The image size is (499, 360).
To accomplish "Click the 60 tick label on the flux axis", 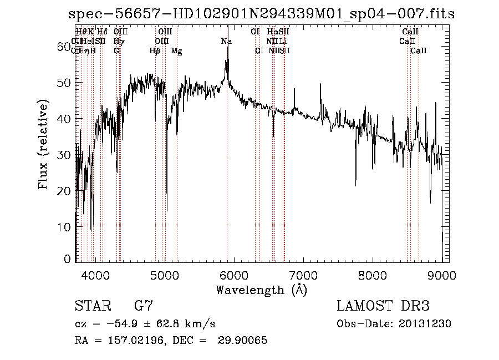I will [64, 47].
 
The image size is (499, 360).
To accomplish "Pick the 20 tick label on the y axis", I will [64, 191].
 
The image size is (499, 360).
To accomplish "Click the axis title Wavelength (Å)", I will [261, 290].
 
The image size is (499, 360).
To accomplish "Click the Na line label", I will [226, 42].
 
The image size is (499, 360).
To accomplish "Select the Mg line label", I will [176, 51].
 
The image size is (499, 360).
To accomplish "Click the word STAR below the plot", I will [92, 306].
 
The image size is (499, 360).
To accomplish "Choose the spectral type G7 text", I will [143, 306].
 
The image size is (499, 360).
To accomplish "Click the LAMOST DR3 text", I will [383, 306].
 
